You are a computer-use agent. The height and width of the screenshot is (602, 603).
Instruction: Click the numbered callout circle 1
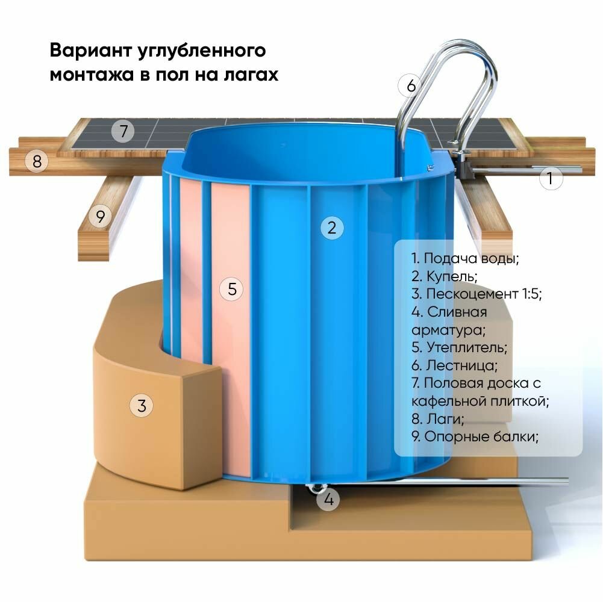click(x=551, y=178)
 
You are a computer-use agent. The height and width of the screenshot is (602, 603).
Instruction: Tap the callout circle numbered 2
click(x=332, y=228)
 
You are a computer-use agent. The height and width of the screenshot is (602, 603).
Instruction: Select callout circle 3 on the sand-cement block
click(x=142, y=406)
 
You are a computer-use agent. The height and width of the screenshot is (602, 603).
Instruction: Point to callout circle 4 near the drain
click(x=328, y=499)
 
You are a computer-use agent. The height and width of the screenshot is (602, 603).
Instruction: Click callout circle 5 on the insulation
click(x=231, y=289)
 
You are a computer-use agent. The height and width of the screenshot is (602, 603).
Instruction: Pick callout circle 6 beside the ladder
click(x=411, y=86)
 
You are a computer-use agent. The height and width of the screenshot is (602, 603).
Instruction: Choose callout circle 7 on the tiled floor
click(x=123, y=131)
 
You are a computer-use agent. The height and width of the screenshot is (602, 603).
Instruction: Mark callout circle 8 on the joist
click(x=37, y=161)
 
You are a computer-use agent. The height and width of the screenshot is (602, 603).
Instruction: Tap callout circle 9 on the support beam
click(x=101, y=216)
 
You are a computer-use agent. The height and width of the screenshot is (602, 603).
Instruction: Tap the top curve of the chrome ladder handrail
click(x=470, y=46)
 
